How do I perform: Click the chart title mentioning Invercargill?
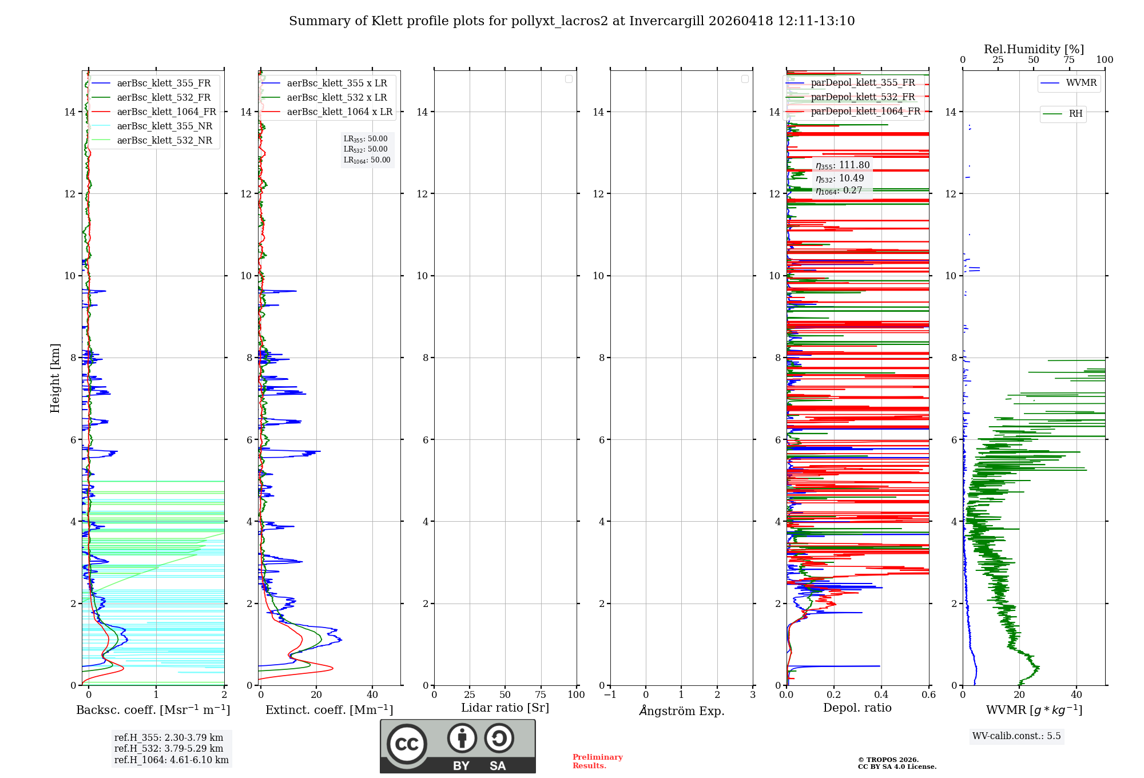[x=571, y=21]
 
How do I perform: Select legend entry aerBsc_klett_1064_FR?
[x=166, y=112]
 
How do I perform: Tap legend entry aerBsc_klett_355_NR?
[x=164, y=126]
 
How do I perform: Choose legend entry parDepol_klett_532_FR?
[x=863, y=97]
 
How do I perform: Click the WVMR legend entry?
[x=1081, y=83]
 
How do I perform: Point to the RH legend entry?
[x=1075, y=114]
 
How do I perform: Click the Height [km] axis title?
[x=55, y=378]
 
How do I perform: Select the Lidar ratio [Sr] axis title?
[x=505, y=708]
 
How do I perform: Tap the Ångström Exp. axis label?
[x=681, y=711]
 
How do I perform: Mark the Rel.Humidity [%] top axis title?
[x=1034, y=49]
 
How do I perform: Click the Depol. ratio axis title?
[x=857, y=708]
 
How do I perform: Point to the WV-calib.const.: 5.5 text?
[x=1016, y=736]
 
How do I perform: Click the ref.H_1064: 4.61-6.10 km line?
[x=171, y=760]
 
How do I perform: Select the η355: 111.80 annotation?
[x=843, y=165]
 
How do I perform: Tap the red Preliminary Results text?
[x=597, y=761]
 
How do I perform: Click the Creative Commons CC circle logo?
[x=407, y=744]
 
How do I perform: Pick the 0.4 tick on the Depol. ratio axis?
[x=881, y=695]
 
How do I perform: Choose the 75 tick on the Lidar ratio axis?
[x=541, y=695]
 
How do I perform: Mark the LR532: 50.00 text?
[x=366, y=149]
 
